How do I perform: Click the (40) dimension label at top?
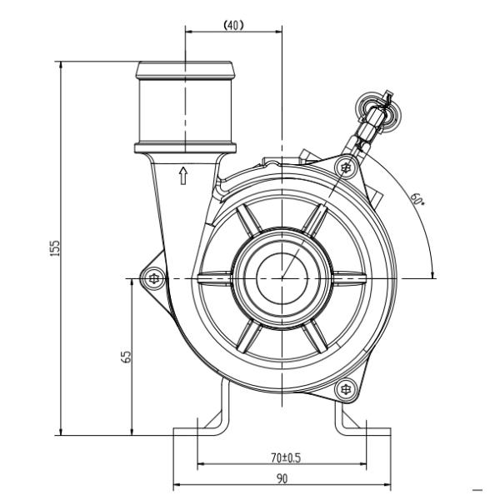tap(233, 25)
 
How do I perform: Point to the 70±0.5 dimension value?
tap(285, 457)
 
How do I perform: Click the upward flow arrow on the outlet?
tap(184, 174)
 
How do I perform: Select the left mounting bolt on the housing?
tap(152, 278)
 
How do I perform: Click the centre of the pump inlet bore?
tap(282, 277)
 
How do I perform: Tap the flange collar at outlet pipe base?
tap(184, 149)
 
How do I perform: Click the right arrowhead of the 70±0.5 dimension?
tap(363, 465)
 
